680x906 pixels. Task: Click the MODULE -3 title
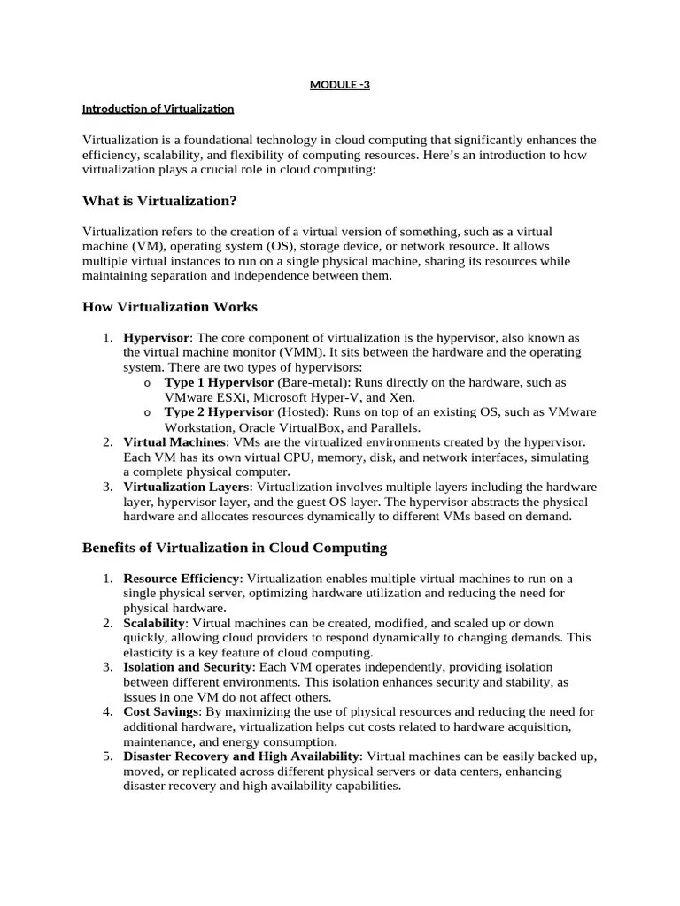click(x=340, y=85)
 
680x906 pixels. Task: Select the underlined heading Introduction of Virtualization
click(x=158, y=110)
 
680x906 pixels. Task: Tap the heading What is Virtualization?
click(x=159, y=201)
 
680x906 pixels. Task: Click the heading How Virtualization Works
click(x=170, y=307)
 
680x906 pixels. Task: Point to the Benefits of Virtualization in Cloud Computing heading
click(x=235, y=548)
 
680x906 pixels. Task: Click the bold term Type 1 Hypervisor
click(x=220, y=382)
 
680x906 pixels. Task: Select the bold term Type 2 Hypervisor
click(x=220, y=412)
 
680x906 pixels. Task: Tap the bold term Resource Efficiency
click(x=182, y=579)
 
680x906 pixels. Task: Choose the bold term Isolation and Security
click(x=189, y=667)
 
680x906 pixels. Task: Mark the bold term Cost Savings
click(x=160, y=711)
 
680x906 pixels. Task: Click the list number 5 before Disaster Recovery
click(x=106, y=756)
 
